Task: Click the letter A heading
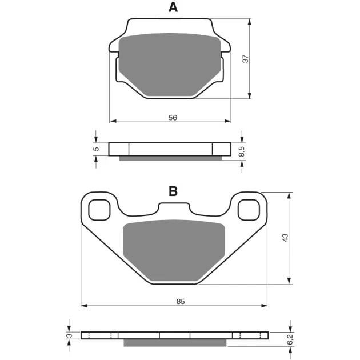(173, 7)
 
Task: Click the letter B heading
(173, 191)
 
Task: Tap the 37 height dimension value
(246, 59)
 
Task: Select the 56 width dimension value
(173, 118)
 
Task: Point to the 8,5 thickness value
(242, 151)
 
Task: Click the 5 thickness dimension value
(97, 149)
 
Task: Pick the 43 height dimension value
(285, 238)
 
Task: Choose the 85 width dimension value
(181, 301)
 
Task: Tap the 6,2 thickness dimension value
(290, 339)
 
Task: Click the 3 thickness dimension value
(69, 335)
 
